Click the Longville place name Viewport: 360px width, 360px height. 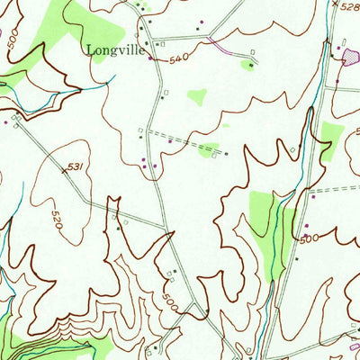(x=115, y=51)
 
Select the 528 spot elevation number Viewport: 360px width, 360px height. (x=350, y=5)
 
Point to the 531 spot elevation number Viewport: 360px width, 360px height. (x=76, y=166)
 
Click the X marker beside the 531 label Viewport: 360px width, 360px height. (x=65, y=169)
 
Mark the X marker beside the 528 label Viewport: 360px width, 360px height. (x=334, y=5)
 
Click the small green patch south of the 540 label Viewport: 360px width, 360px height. (x=196, y=97)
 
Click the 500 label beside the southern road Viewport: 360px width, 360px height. (x=172, y=302)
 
